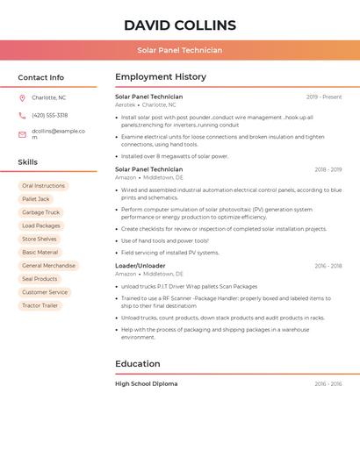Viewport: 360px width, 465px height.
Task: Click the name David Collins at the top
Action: coord(180,25)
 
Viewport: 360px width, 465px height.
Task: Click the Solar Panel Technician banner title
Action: coord(180,50)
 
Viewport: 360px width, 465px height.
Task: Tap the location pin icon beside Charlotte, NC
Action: coord(22,97)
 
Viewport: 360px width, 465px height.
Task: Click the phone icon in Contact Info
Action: coord(22,115)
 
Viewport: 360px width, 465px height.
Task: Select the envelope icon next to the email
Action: coord(22,134)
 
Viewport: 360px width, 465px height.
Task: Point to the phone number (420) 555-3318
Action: coord(49,115)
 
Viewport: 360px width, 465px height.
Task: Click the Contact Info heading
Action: coord(40,77)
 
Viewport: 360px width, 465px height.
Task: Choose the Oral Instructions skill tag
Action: coord(43,186)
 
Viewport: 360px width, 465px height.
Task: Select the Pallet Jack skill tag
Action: coord(35,199)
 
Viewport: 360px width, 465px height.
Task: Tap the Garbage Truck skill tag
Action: coord(40,212)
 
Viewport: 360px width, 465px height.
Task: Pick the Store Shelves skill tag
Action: coord(40,239)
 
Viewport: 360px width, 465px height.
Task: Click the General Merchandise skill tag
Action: coord(48,265)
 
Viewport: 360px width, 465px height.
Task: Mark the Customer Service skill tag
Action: coord(45,292)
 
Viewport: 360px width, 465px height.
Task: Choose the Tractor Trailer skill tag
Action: coord(40,305)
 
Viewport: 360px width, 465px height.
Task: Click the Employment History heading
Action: coord(161,77)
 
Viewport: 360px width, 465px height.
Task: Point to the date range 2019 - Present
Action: coord(324,97)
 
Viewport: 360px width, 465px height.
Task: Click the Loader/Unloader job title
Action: coord(140,265)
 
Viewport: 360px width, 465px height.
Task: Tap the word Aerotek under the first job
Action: coord(126,104)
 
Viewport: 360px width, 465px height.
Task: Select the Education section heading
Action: coord(138,363)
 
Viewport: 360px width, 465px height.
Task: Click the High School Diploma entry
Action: coord(147,383)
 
